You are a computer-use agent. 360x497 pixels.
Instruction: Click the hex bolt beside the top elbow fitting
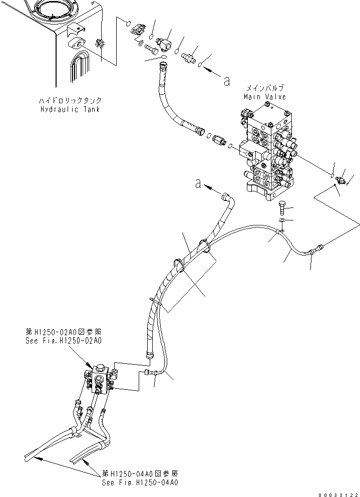[x=151, y=50]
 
